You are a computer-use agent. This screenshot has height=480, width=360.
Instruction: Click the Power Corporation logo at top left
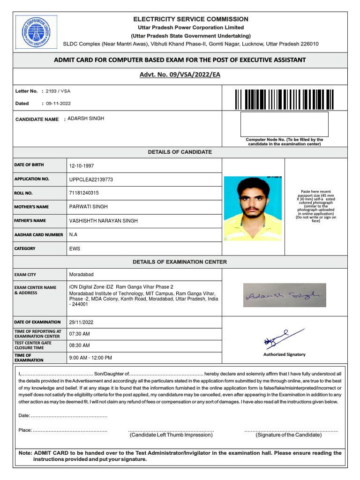coord(36,31)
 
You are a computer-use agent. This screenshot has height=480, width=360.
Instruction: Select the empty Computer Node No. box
coord(284,124)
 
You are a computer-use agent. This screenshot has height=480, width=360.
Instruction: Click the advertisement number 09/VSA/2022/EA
coord(180,75)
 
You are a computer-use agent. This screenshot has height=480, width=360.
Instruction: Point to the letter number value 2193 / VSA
coord(58,91)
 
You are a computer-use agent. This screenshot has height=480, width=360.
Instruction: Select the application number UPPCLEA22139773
coord(91,180)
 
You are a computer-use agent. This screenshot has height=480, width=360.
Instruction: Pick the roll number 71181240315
coord(84,193)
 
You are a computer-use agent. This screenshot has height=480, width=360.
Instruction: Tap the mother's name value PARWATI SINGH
coord(88,207)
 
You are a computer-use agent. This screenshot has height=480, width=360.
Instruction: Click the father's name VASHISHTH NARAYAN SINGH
coord(104,221)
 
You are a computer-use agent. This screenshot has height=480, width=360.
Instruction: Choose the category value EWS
coord(75,248)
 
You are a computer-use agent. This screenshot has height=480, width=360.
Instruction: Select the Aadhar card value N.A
coord(73,234)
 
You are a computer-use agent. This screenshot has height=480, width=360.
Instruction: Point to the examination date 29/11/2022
coord(82,322)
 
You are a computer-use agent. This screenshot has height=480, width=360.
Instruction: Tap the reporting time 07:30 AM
coord(79,334)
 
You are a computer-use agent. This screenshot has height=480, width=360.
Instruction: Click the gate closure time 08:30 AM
coord(79,345)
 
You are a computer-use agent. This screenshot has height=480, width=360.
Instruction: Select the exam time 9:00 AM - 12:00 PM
coord(90,358)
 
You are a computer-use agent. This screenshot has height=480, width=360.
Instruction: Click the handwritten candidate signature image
coord(284,295)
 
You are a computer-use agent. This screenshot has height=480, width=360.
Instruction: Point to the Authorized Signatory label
coord(284,354)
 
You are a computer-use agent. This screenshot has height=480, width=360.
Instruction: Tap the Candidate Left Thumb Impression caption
coord(171,435)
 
